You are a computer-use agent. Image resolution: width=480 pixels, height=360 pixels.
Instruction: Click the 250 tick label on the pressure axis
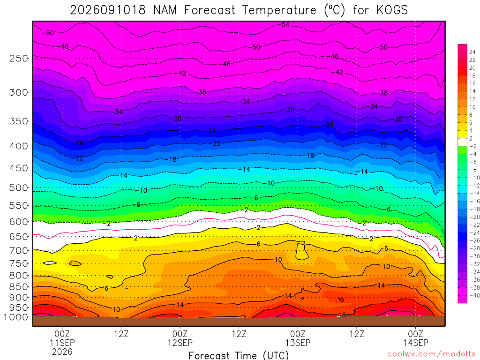(x=19, y=58)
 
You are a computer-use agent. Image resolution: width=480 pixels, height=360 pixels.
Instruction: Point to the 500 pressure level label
(x=19, y=187)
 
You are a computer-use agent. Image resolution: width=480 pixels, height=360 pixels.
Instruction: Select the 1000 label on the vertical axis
(x=16, y=317)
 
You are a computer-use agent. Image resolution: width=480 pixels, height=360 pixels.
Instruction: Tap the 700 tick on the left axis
(x=19, y=251)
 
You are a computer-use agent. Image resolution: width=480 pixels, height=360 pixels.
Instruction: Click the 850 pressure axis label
(x=19, y=287)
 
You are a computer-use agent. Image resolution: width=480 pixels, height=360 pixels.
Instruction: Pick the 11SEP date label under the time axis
(x=62, y=343)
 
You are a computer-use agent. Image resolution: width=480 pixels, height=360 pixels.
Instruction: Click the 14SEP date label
(x=416, y=343)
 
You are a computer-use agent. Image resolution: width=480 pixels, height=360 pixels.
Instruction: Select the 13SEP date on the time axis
(x=298, y=343)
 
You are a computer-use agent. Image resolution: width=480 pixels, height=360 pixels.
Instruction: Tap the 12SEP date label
(x=180, y=343)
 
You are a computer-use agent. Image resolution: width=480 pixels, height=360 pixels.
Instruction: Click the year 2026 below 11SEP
(x=62, y=352)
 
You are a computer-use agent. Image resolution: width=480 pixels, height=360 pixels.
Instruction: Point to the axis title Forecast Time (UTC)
(x=239, y=355)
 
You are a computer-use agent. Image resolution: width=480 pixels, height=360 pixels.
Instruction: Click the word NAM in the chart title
(x=165, y=10)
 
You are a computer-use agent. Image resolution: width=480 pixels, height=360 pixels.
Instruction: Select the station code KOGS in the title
(x=392, y=10)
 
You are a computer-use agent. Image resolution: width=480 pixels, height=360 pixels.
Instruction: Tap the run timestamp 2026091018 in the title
(x=108, y=10)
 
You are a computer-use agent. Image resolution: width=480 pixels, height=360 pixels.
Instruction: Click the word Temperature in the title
(x=279, y=10)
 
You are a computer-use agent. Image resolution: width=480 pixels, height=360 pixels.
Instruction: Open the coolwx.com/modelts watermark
(x=432, y=354)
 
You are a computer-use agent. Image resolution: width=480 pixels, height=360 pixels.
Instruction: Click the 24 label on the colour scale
(x=472, y=52)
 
